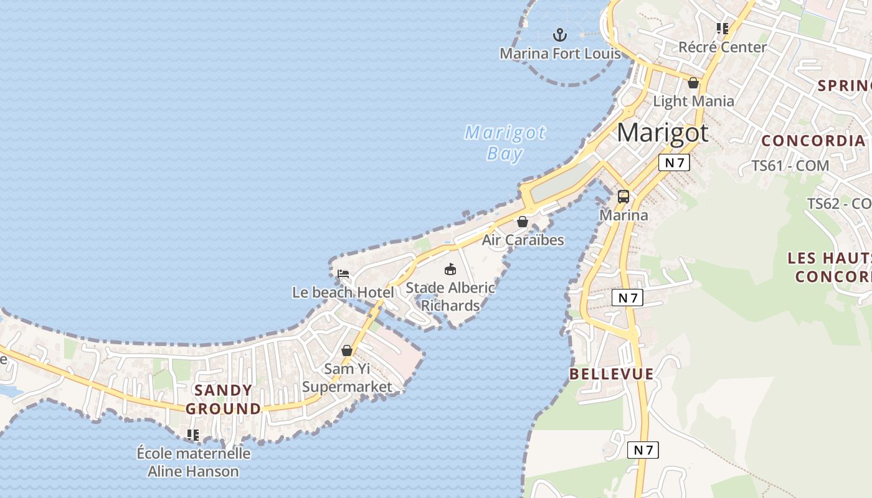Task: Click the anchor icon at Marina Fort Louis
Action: coord(560,34)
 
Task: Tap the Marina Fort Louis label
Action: coord(560,54)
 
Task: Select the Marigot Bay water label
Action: coord(505,143)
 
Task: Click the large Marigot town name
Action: coord(663,133)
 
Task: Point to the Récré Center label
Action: coord(723,47)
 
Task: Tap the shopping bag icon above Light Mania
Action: coord(693,83)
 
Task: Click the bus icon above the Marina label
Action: coord(623,197)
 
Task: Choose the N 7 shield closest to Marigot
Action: coord(674,163)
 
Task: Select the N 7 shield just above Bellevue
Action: coord(627,298)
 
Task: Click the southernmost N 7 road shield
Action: coord(643,449)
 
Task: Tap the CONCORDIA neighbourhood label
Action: coord(813,141)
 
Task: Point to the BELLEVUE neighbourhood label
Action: coord(612,374)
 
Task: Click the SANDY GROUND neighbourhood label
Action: coord(223,400)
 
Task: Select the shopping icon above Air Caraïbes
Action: coord(523,222)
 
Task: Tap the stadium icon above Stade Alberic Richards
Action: coord(450,269)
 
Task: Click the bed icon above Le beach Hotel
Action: coord(343,273)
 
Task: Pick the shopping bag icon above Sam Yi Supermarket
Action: coord(347,350)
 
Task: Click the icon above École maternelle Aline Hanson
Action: coord(193,435)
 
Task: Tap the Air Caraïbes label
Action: coord(523,240)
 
